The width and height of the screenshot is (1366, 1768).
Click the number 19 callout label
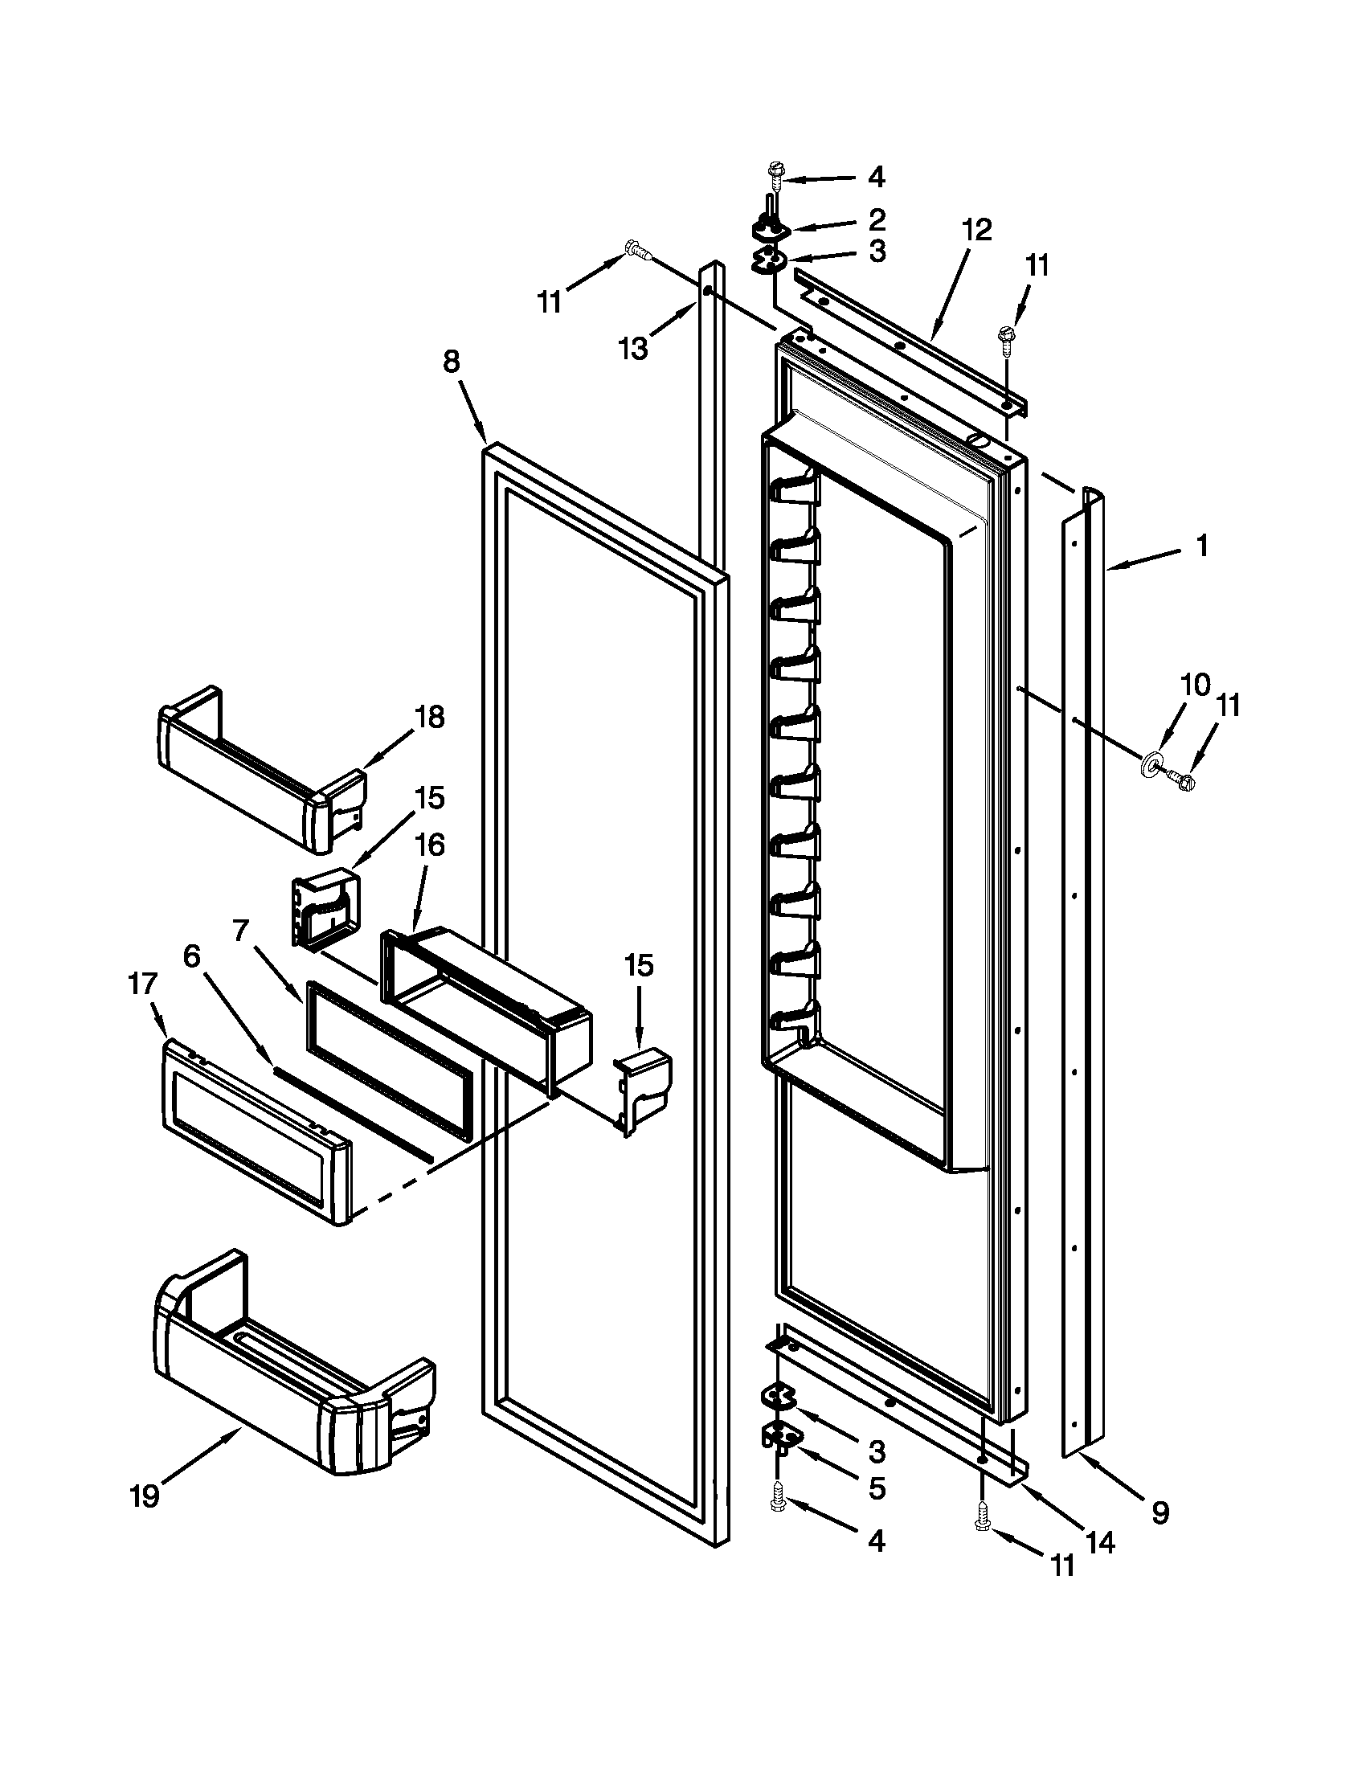pyautogui.click(x=145, y=1497)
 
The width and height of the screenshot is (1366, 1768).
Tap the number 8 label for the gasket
pyautogui.click(x=451, y=362)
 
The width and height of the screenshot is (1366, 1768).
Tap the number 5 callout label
pyautogui.click(x=877, y=1488)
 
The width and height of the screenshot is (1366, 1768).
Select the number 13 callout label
pyautogui.click(x=633, y=349)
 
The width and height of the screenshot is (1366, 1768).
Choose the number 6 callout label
pyautogui.click(x=192, y=956)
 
